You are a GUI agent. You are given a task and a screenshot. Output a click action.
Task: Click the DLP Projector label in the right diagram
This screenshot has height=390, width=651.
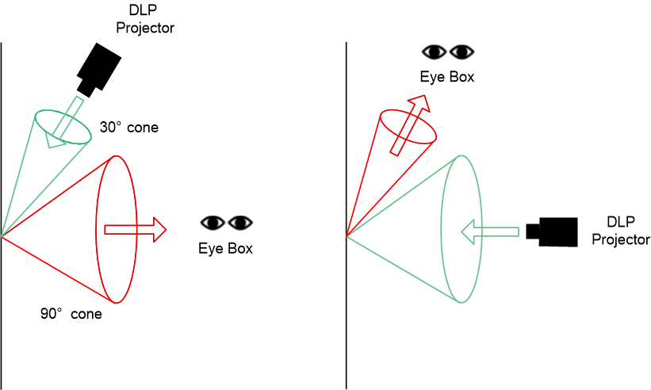coord(622,231)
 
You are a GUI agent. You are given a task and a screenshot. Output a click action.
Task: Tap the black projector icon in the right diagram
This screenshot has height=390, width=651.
coord(553,231)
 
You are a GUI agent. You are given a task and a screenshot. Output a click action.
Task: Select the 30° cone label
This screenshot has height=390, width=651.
coord(128,127)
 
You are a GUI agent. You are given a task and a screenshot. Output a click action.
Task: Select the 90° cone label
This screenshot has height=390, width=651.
coord(71,314)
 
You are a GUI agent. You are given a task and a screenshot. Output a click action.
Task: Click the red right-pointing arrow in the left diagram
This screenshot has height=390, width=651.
coord(135,230)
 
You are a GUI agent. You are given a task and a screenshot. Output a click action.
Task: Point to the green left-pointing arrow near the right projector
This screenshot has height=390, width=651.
coord(491,231)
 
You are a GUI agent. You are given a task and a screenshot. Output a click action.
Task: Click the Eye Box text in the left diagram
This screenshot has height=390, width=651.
coord(225,248)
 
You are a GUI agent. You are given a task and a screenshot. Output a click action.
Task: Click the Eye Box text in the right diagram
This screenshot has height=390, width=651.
coord(447,77)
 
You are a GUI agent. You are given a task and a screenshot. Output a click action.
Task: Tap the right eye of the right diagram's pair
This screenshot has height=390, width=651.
coord(461,52)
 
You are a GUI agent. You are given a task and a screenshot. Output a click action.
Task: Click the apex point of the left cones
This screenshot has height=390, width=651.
coord(3,236)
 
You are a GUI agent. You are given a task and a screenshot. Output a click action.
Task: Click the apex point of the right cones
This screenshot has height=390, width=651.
coord(348,236)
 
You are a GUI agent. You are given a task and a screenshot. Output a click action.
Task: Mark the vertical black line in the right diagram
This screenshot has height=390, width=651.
coord(347,317)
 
